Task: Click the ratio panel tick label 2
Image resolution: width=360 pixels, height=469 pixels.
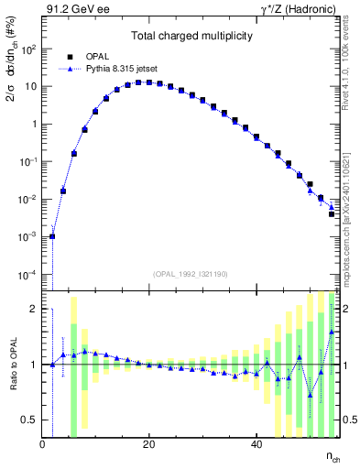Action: point(34,309)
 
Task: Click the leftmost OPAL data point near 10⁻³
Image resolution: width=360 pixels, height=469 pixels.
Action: point(52,236)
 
